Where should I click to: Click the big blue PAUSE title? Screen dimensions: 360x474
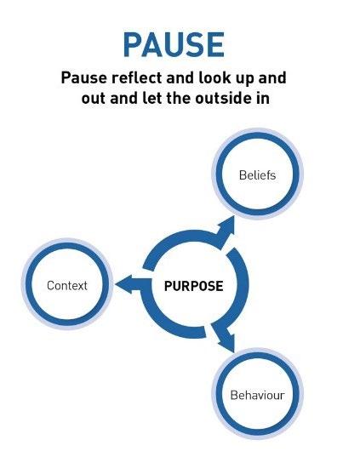pos(174,45)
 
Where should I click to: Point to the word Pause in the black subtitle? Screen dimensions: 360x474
pos(84,77)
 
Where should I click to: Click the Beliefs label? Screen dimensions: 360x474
pos(257,175)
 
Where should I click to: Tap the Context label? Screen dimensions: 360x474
pos(67,285)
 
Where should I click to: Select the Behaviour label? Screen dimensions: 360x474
pos(257,395)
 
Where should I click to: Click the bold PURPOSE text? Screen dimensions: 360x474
pos(194,286)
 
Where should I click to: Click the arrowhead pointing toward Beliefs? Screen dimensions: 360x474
pos(226,227)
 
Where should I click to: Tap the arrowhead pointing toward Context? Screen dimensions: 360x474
pos(124,284)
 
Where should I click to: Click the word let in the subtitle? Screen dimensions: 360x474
pos(152,98)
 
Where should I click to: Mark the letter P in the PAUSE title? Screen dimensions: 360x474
pos(134,45)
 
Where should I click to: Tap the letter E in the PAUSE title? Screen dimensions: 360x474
pos(216,45)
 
